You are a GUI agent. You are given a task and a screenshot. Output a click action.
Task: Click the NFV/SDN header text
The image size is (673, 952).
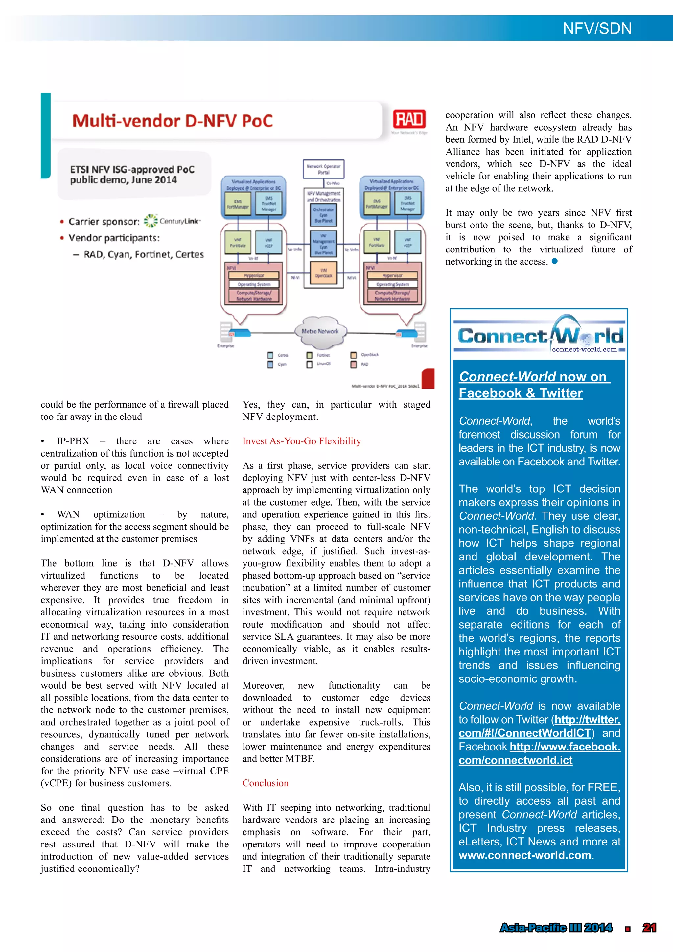597,28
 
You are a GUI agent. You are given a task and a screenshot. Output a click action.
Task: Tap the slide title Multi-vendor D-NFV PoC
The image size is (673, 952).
173,121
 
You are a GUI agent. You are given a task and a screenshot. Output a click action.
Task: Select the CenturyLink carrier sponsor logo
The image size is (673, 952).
172,221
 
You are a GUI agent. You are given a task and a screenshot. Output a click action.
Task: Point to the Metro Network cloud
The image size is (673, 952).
320,331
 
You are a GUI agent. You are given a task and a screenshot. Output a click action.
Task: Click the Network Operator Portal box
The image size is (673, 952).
323,169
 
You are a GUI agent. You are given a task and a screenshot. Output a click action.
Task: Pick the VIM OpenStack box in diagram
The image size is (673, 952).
323,273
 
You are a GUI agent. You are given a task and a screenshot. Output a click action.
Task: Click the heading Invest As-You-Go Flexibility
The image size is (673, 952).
301,441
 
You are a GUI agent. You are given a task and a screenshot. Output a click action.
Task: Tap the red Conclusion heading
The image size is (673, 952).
265,783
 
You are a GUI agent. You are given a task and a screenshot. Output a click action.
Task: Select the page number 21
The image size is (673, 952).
649,928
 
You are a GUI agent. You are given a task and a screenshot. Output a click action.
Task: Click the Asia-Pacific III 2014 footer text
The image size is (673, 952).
555,928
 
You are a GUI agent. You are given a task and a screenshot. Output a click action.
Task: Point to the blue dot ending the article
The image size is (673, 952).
554,261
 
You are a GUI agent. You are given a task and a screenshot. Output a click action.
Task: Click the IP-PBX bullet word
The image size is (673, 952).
73,441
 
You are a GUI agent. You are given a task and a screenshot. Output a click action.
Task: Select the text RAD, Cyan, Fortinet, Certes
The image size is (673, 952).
144,254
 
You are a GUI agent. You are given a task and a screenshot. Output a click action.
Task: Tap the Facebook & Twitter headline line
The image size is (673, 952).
520,393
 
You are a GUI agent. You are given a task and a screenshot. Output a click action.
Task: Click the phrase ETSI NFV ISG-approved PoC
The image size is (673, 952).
132,169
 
